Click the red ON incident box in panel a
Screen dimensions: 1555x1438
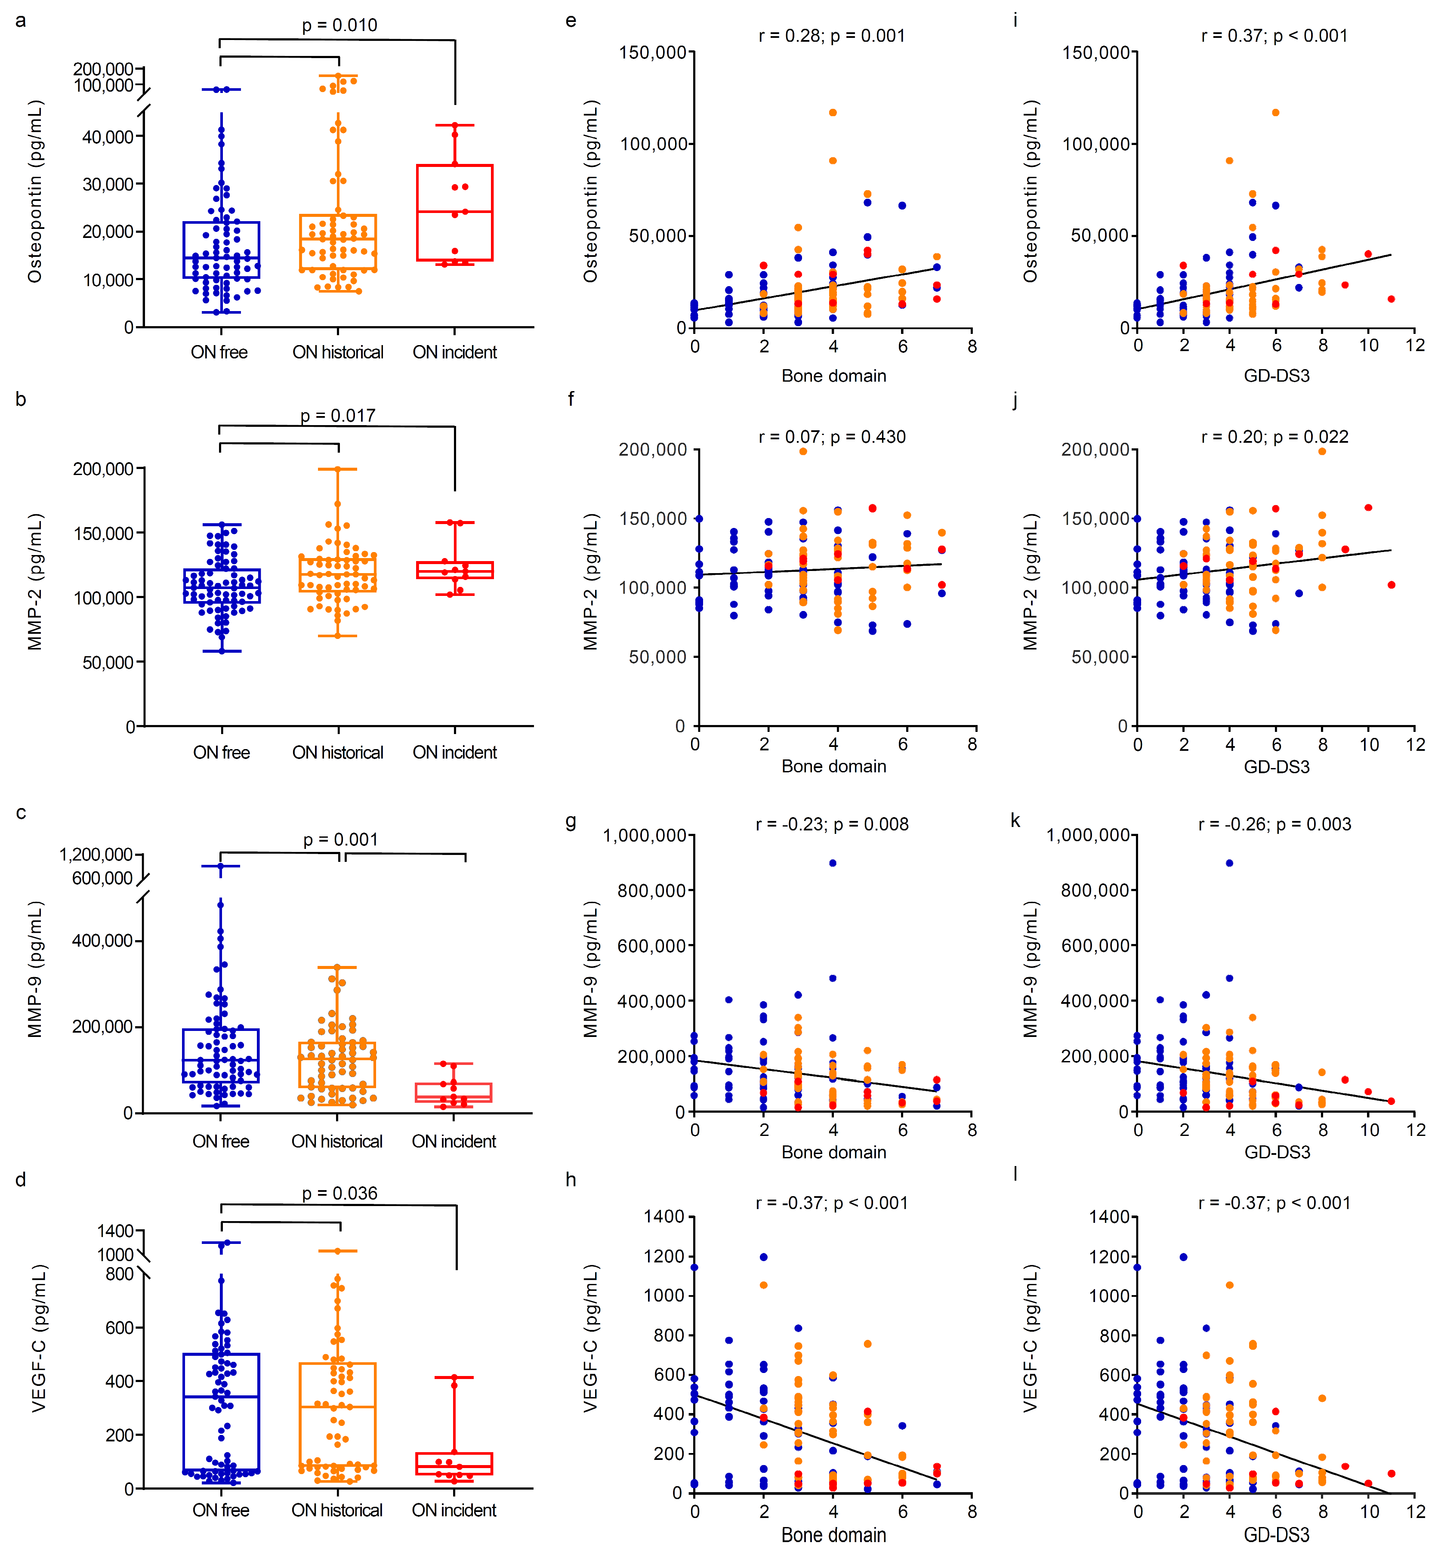point(454,213)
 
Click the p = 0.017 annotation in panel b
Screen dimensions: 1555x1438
point(338,416)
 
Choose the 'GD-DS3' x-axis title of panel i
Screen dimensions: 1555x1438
point(1276,376)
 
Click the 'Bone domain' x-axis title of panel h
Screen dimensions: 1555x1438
point(833,1535)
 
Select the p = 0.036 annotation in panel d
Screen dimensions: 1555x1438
point(339,1193)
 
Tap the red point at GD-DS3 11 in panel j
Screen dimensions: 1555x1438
point(1391,584)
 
